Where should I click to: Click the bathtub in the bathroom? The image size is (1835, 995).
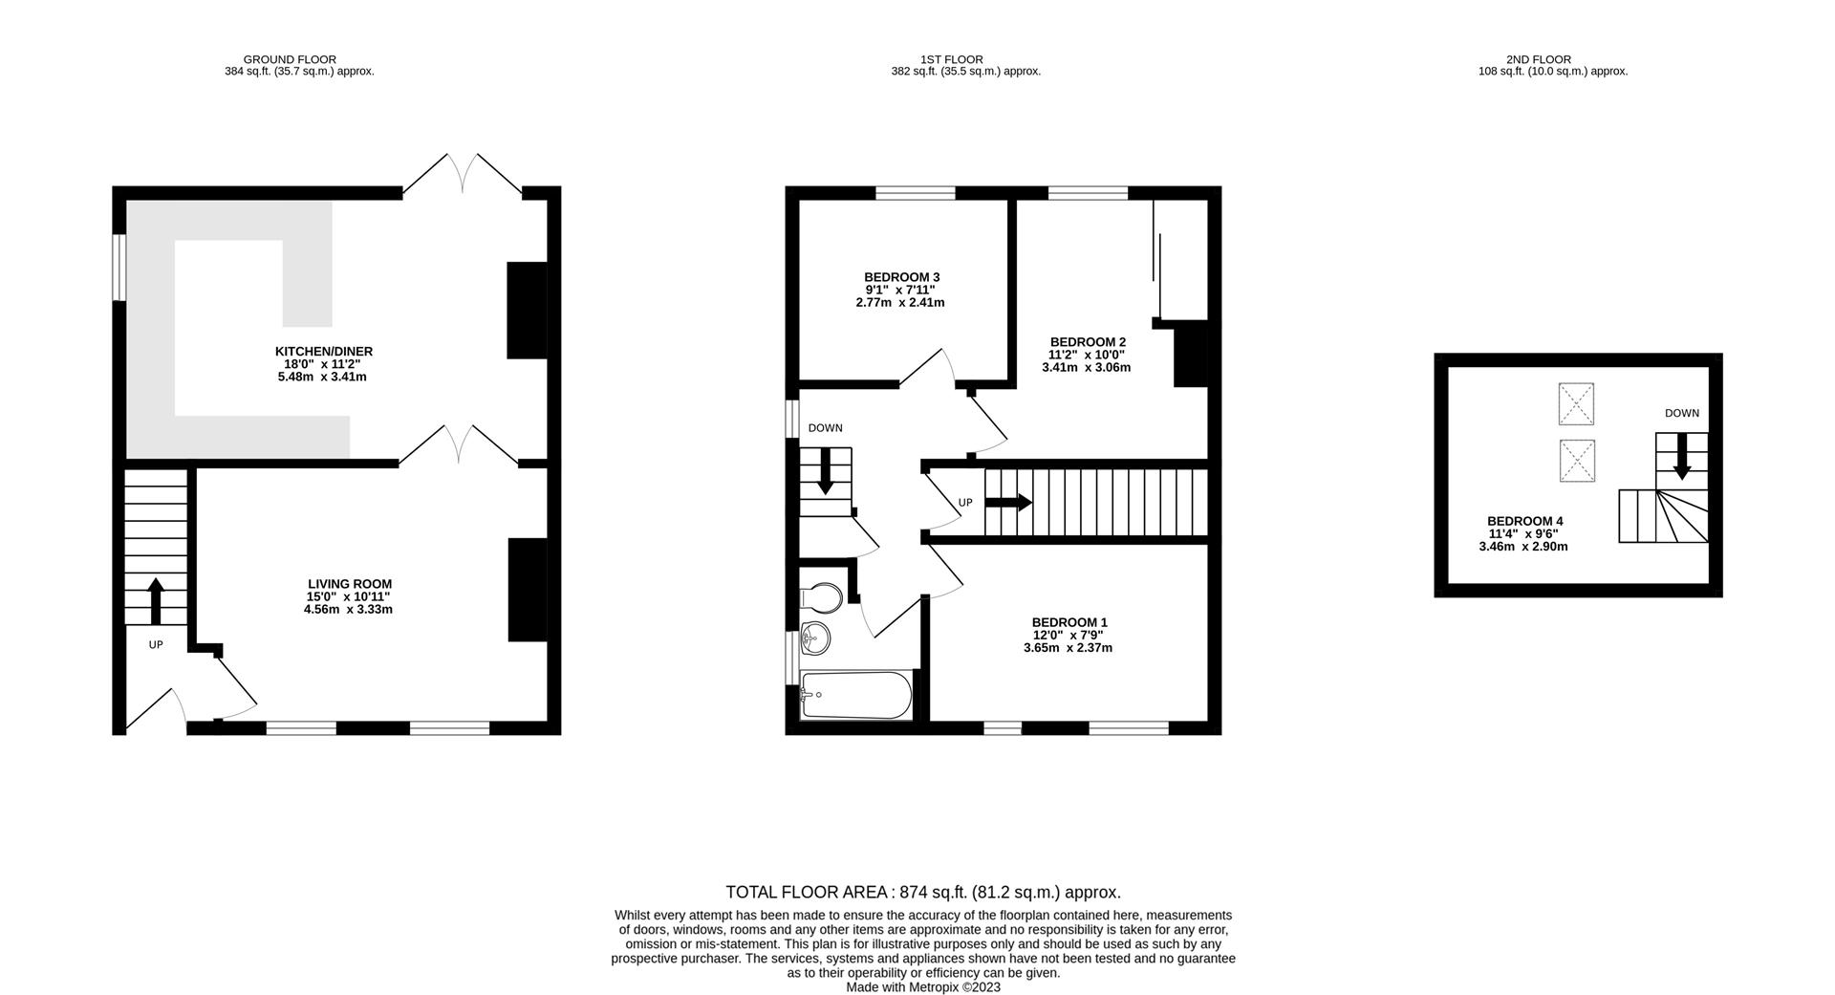tap(856, 695)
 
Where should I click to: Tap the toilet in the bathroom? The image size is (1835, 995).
tap(822, 598)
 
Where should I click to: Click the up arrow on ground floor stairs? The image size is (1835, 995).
tap(156, 601)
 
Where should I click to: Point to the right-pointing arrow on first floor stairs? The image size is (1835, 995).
tap(1009, 502)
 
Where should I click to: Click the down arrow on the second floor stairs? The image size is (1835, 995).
tap(1682, 464)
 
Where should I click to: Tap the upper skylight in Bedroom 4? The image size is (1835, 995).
tap(1576, 403)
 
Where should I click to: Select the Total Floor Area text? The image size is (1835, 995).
tap(922, 893)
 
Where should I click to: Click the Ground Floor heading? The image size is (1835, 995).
tap(290, 59)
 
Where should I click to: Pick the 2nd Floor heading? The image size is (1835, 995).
tap(1538, 59)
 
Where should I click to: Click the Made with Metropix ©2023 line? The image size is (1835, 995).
tap(922, 987)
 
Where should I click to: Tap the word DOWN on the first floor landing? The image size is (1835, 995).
tap(825, 428)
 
